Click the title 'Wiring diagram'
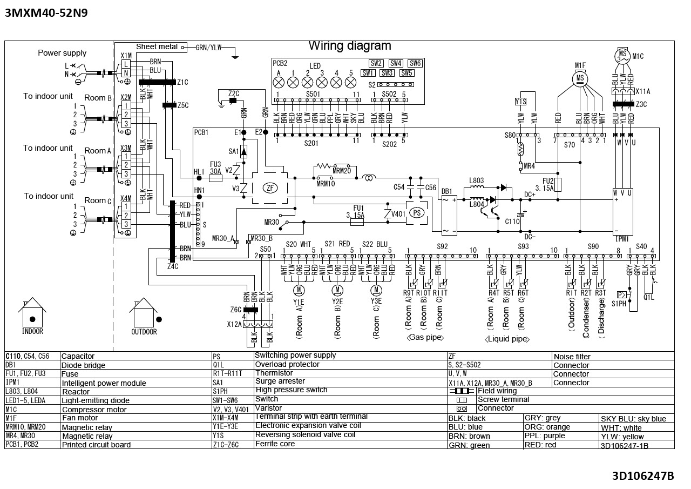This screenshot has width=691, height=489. point(350,46)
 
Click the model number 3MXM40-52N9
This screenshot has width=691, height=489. point(46,13)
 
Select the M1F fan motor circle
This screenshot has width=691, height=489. point(580,79)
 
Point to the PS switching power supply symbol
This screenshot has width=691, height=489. point(416,212)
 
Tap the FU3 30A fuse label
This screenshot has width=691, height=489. point(215,168)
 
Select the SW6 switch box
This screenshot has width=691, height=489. point(415,63)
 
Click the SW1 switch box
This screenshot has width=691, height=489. point(368,73)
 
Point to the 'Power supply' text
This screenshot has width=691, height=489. point(62,53)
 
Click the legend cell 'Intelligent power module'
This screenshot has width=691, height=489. point(104,383)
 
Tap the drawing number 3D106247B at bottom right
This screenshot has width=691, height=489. point(642,476)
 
